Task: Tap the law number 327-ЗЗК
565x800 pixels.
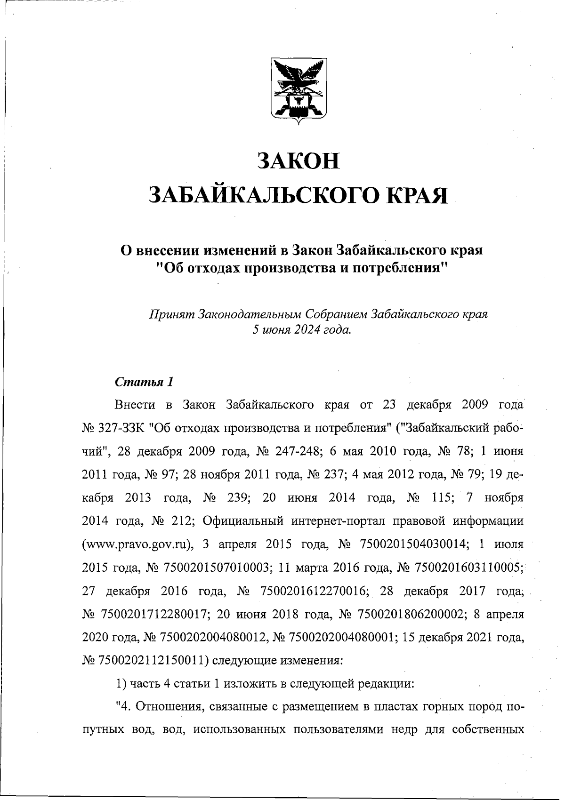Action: [121, 428]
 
